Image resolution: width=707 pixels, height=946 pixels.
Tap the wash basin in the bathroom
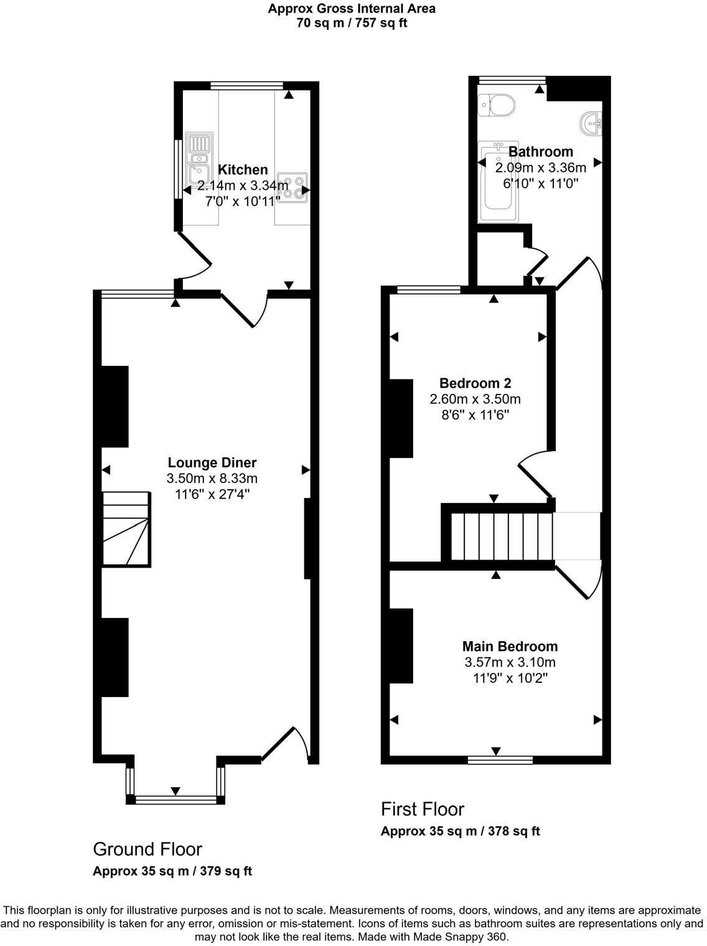(591, 123)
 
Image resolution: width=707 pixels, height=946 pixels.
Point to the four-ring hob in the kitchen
(293, 187)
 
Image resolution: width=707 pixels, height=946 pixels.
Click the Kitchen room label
(243, 169)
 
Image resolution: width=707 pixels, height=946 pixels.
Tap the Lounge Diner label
(212, 462)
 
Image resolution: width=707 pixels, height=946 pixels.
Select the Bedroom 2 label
(475, 383)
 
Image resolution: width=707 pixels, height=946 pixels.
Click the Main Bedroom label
(510, 646)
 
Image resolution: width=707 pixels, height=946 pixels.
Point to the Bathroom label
(540, 151)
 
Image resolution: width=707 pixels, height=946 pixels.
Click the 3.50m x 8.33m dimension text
(212, 479)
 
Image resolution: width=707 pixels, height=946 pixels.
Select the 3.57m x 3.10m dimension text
(510, 662)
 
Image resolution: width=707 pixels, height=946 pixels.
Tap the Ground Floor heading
(147, 849)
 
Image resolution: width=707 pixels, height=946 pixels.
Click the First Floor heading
(423, 809)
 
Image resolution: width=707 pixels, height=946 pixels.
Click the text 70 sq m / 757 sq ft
(352, 24)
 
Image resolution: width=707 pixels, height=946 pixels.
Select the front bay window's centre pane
(176, 800)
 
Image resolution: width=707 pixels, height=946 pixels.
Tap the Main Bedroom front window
(500, 760)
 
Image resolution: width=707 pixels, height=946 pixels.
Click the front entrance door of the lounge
(286, 744)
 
